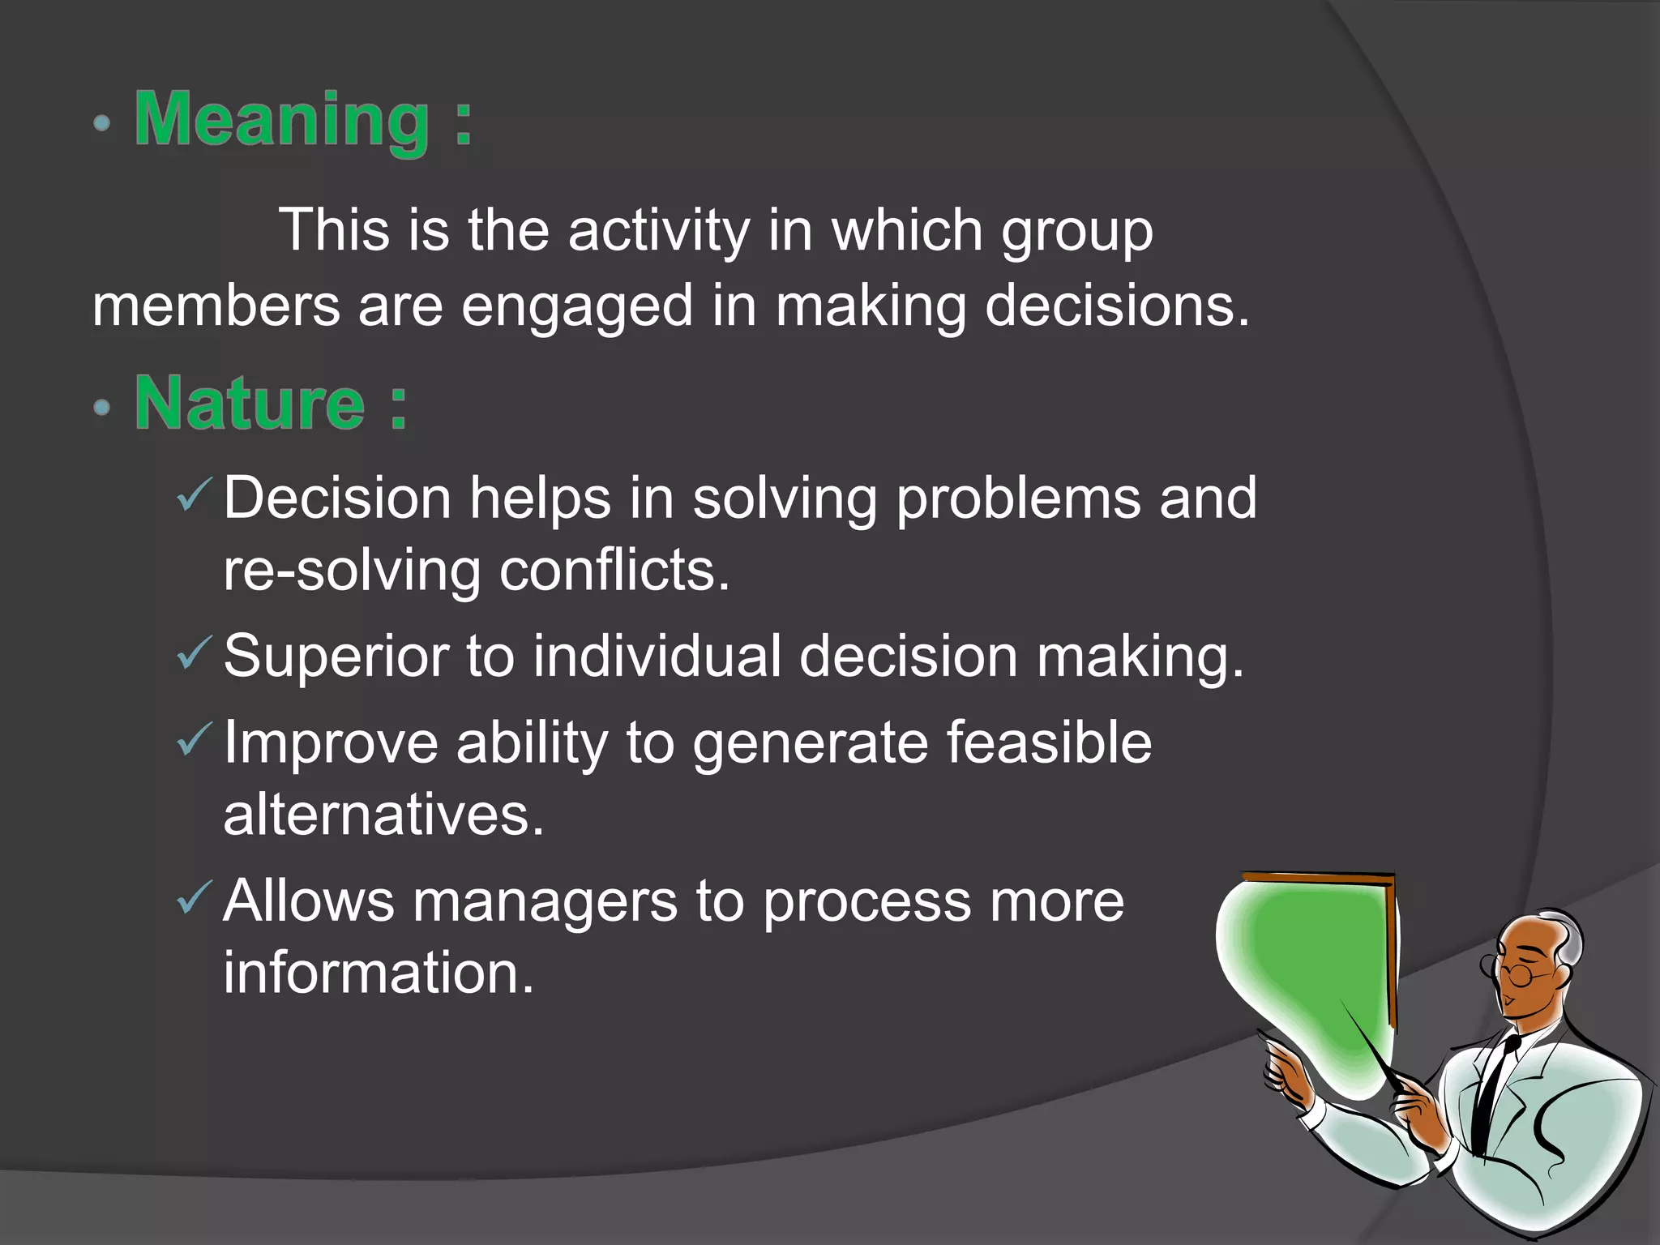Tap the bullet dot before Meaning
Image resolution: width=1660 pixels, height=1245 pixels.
tap(101, 124)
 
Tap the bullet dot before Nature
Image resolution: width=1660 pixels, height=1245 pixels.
tap(101, 407)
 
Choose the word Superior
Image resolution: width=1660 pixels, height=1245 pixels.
tap(336, 657)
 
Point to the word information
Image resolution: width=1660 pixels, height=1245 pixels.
tap(379, 973)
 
